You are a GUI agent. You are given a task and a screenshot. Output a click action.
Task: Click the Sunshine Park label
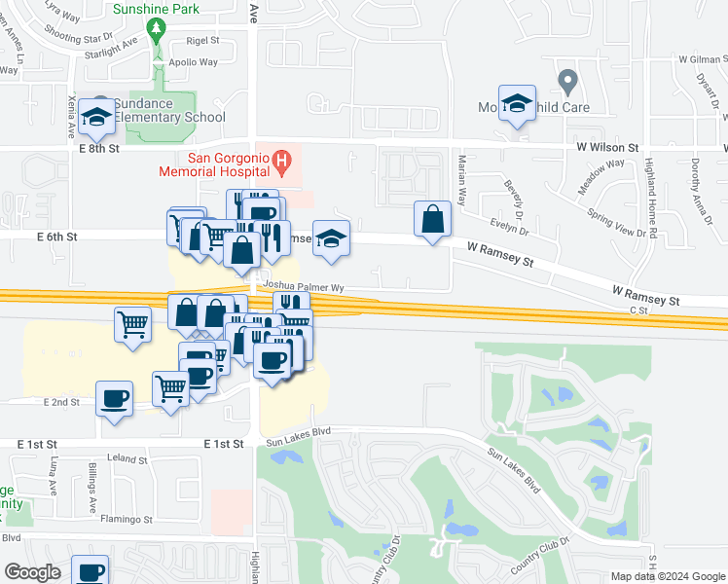click(156, 9)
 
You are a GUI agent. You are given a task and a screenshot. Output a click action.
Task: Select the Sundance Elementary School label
click(169, 111)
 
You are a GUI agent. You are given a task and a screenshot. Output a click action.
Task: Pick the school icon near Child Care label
click(517, 103)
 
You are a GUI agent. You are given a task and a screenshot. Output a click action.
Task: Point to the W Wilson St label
click(606, 148)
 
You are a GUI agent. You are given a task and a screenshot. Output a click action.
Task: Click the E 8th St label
click(99, 149)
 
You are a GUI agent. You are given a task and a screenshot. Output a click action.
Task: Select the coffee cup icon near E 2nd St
click(115, 398)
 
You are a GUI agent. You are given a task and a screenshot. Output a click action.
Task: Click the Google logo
click(33, 573)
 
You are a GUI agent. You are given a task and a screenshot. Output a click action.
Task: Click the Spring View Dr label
click(615, 223)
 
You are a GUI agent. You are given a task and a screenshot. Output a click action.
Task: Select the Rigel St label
click(202, 41)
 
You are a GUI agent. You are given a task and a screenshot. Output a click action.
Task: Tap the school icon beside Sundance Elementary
click(96, 119)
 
